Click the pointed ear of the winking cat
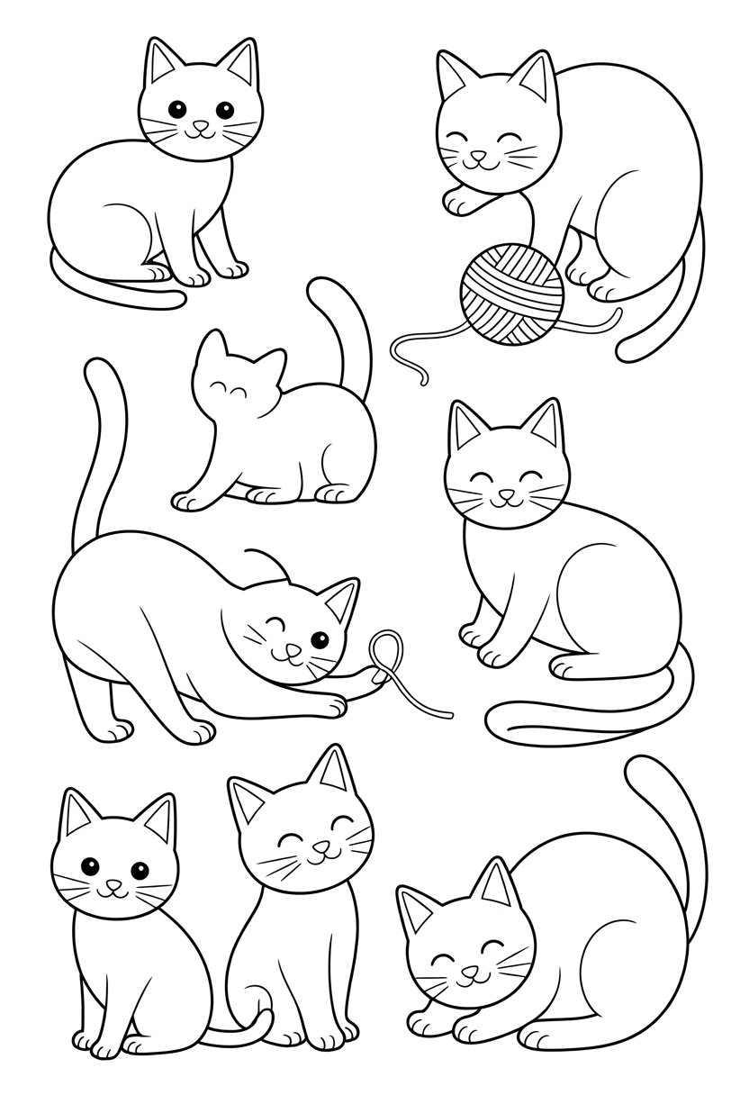pyautogui.click(x=340, y=599)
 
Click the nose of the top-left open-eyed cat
pyautogui.click(x=200, y=127)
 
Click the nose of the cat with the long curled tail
pyautogui.click(x=506, y=493)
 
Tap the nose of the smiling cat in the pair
pyautogui.click(x=316, y=847)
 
